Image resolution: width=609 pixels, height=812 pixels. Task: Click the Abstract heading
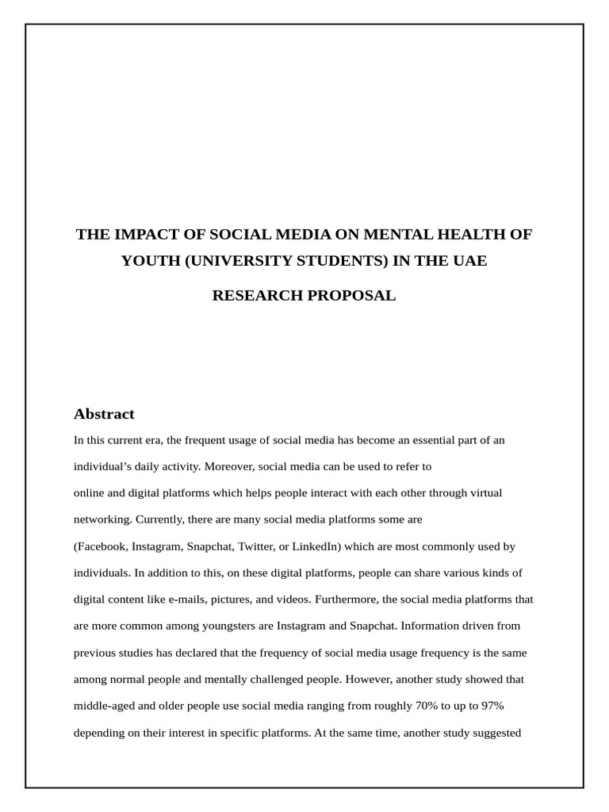(x=104, y=414)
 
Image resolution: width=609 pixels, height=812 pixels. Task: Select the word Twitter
(x=252, y=546)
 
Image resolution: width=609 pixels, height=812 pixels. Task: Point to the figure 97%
(x=487, y=706)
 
